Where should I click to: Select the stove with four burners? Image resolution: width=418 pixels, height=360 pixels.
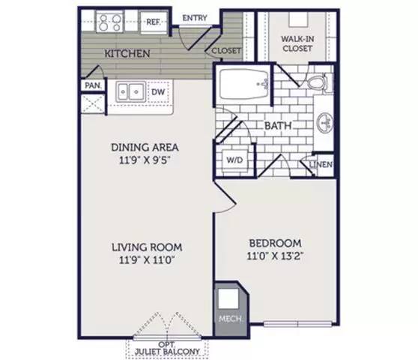click(x=110, y=22)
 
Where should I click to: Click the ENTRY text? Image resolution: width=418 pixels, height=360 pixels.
click(x=195, y=18)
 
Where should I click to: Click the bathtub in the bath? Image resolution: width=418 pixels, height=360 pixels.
click(x=243, y=85)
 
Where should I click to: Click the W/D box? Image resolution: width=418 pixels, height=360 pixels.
click(x=233, y=160)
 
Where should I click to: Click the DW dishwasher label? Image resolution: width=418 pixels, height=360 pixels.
click(x=158, y=92)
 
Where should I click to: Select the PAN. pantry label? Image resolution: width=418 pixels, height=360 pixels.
click(x=92, y=85)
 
